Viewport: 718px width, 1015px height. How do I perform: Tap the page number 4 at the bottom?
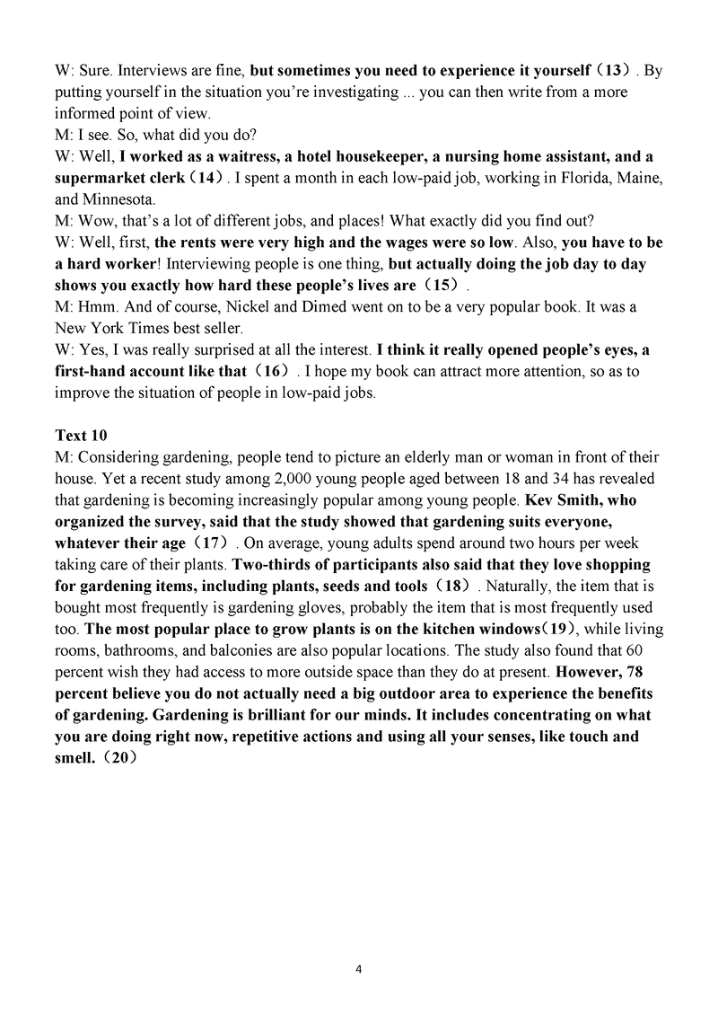(359, 969)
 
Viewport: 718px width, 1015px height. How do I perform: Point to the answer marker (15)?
(445, 286)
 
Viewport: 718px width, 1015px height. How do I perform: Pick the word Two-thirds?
(268, 566)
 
